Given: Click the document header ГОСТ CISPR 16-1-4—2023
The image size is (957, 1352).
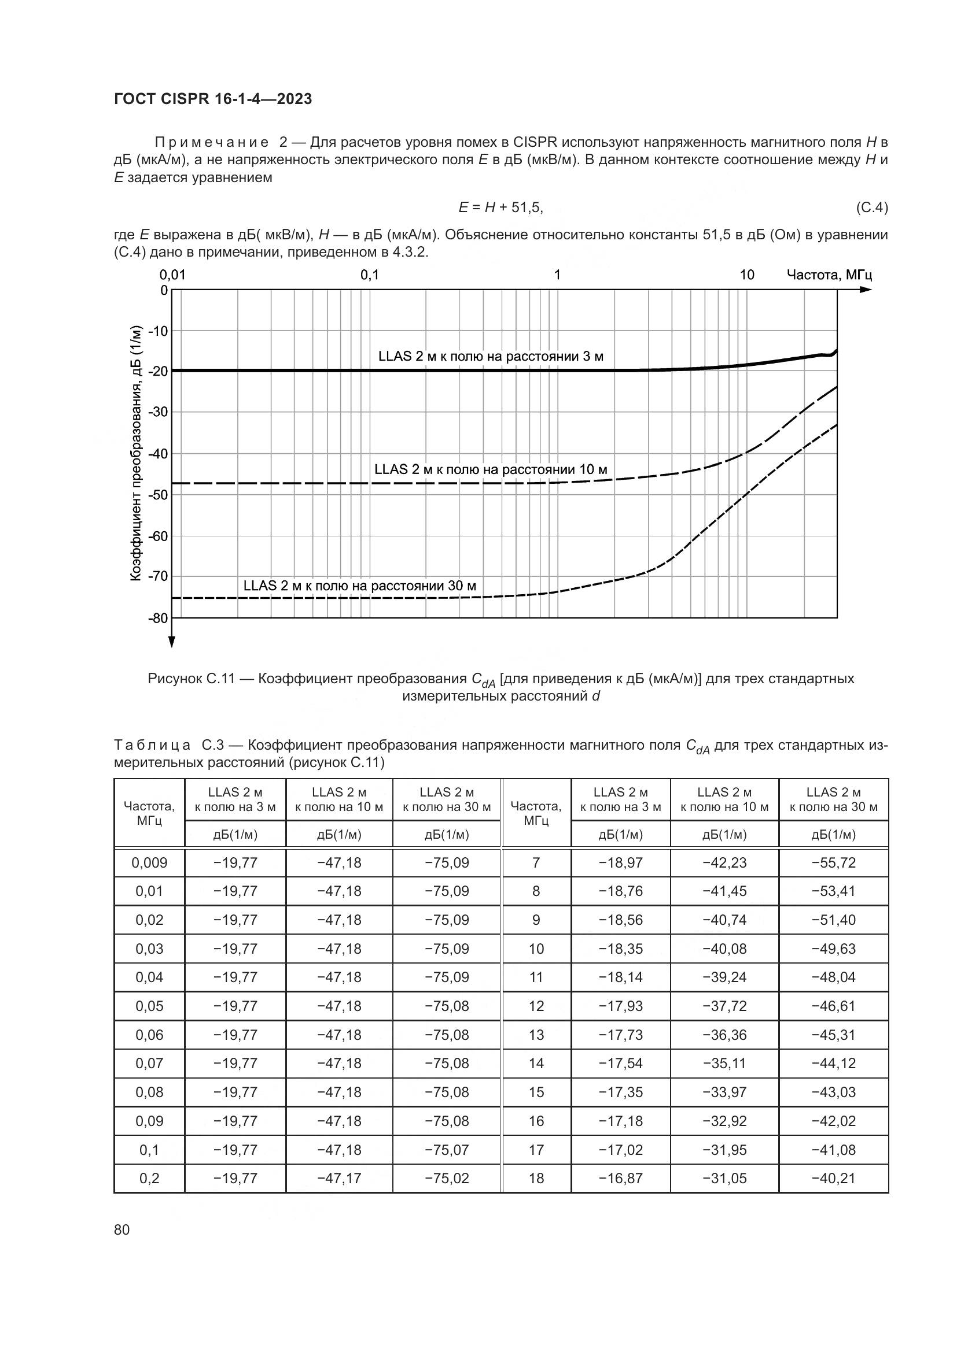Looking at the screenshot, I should (213, 99).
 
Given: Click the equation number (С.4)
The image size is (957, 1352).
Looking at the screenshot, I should (871, 208).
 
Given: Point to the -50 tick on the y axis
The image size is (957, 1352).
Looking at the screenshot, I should (157, 495).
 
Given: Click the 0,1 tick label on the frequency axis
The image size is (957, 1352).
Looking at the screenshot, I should (370, 275).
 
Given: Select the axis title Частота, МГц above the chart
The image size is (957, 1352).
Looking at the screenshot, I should (829, 275).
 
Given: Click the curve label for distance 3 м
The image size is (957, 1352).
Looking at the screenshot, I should (490, 356).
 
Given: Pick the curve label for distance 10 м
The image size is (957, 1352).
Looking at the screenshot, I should (490, 469).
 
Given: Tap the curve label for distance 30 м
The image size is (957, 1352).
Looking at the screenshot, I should (359, 586).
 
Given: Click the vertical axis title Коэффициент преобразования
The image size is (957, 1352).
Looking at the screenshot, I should (135, 453).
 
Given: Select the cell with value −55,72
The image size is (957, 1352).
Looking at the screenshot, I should (833, 862).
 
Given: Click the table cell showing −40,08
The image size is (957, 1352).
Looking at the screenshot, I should (724, 949).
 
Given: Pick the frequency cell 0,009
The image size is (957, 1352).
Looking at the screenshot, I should (149, 862).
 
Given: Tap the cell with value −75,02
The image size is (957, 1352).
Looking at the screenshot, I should (447, 1178).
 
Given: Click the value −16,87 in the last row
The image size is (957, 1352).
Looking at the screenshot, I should (620, 1178).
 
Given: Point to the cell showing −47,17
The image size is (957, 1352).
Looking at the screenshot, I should (339, 1178).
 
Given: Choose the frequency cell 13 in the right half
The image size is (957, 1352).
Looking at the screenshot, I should (536, 1035).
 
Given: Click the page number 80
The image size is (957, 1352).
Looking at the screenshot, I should (122, 1229).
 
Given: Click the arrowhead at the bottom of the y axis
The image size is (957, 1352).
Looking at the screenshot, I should (171, 642).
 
